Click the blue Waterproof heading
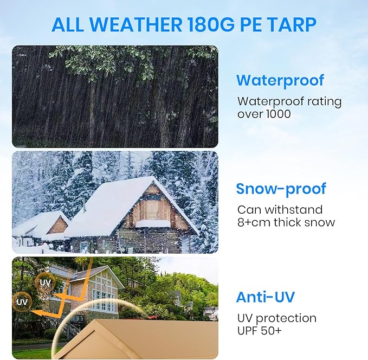(x=280, y=81)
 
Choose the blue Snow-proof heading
(x=281, y=189)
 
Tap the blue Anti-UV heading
(x=265, y=297)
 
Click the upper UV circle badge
(x=45, y=282)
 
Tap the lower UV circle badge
(x=22, y=302)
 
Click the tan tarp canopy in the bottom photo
(x=141, y=339)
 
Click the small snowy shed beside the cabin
(x=41, y=225)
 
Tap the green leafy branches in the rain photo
(x=125, y=57)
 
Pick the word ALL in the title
(x=68, y=25)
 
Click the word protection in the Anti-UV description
(x=286, y=318)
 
